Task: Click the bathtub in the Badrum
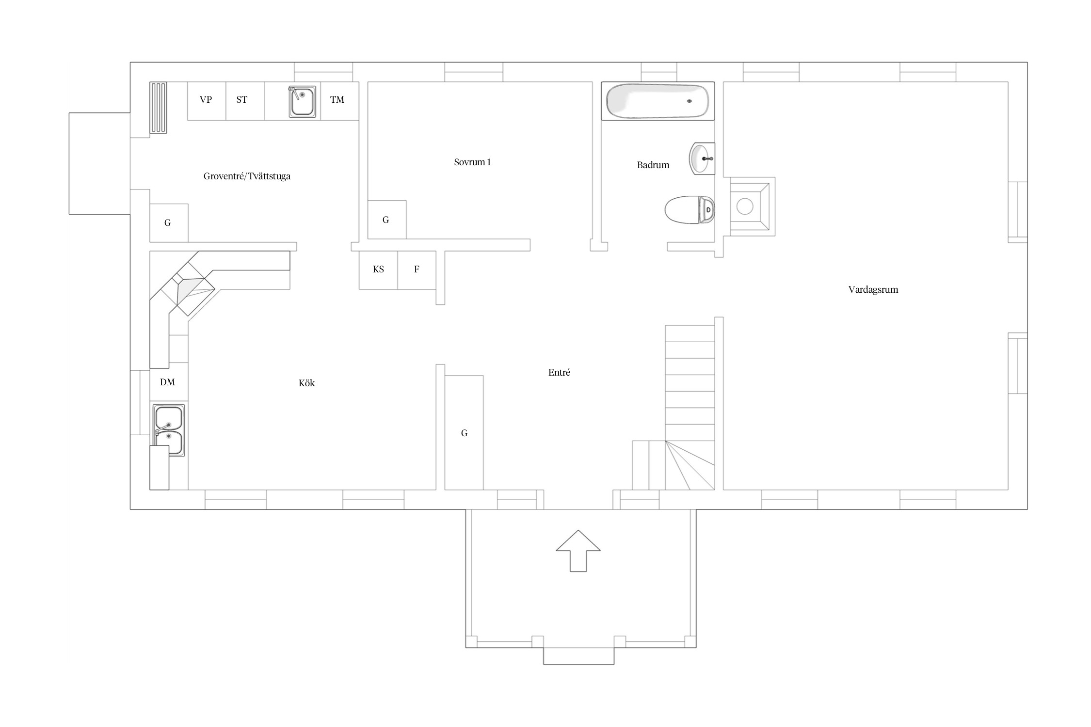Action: (x=658, y=101)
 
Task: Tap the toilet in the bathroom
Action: (x=690, y=210)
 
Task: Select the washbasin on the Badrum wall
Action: (x=702, y=158)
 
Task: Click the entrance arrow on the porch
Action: (x=578, y=551)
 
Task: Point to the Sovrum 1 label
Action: (x=472, y=162)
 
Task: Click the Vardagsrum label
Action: (x=873, y=290)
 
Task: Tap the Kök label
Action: (x=306, y=383)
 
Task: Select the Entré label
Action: (x=559, y=372)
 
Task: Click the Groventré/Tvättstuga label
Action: (x=247, y=176)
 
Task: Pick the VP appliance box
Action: (x=207, y=101)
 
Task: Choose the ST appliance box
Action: (x=245, y=101)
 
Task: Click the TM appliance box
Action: (x=339, y=101)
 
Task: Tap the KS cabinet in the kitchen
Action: (x=378, y=270)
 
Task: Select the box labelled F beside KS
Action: (x=417, y=270)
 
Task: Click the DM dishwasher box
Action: (x=168, y=382)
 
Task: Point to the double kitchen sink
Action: (x=169, y=430)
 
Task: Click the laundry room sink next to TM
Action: (x=303, y=101)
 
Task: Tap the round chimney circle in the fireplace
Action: (x=745, y=206)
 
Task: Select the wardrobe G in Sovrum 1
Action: (x=387, y=220)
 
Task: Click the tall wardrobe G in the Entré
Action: (x=464, y=433)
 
